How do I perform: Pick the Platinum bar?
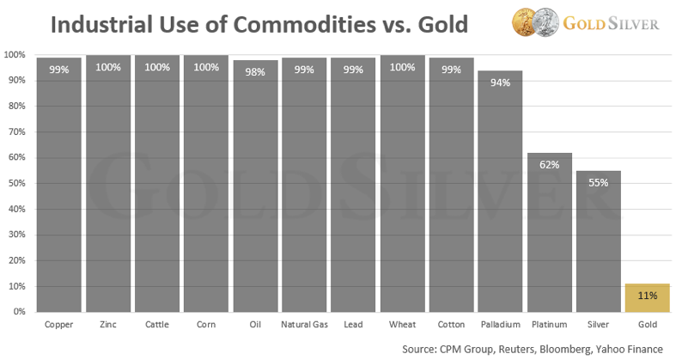coord(550,232)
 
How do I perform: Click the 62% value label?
coord(550,164)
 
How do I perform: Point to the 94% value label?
coord(501,83)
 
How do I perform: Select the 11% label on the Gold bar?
coord(648,296)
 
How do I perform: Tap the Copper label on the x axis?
coord(59,325)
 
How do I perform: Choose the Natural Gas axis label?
coord(304,325)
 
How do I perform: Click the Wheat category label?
coord(402,325)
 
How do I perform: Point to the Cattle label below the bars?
coord(157,325)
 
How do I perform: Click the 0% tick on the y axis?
coord(17,312)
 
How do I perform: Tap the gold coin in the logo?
coord(525,21)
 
